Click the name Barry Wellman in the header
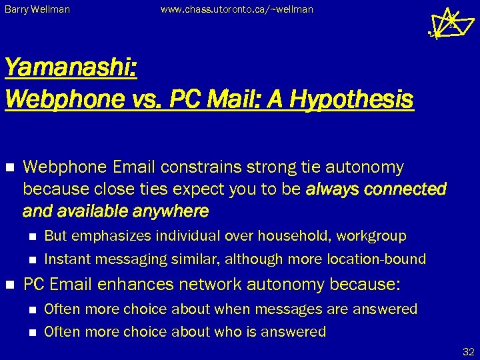(37, 10)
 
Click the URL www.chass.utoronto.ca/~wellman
(237, 10)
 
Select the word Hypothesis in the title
(356, 99)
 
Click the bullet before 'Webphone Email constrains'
(10, 166)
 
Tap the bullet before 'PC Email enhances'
(10, 284)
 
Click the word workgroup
(374, 235)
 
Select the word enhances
(130, 285)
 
